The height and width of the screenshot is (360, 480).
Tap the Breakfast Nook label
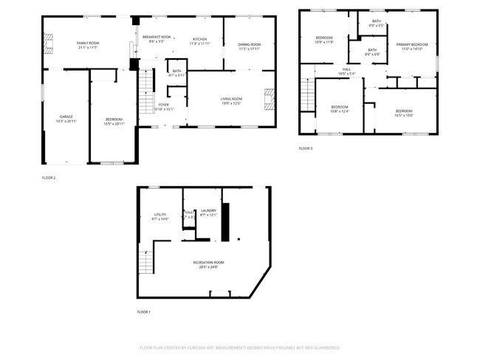156,38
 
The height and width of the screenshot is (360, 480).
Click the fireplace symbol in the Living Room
270,98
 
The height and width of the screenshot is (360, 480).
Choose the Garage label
66,117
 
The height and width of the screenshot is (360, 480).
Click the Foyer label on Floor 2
163,105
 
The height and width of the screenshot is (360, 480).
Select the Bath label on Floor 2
176,72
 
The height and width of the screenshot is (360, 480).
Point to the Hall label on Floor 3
346,70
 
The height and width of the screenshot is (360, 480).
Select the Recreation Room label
208,262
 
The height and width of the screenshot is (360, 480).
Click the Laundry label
208,211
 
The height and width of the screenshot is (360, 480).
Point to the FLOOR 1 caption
143,312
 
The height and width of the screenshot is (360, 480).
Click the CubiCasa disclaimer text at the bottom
240,347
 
